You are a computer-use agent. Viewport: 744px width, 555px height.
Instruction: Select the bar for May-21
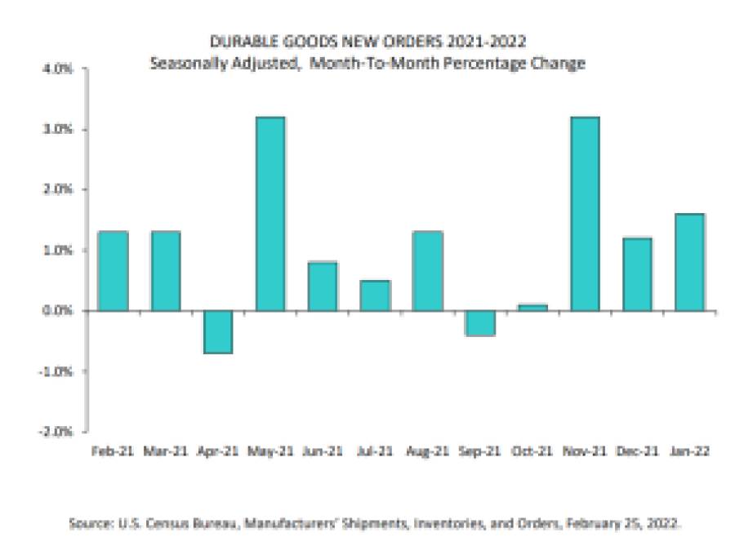point(270,214)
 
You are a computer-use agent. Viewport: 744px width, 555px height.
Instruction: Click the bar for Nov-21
point(584,214)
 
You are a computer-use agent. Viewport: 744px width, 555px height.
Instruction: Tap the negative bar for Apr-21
point(217,332)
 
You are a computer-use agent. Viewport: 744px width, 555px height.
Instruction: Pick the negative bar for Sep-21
point(479,323)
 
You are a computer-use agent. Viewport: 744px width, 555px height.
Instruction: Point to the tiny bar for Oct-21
point(532,307)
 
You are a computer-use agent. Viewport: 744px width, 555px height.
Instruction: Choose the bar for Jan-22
point(688,262)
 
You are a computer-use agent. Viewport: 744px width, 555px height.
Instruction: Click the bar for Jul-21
point(375,295)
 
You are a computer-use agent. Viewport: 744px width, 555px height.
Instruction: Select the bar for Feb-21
point(113,271)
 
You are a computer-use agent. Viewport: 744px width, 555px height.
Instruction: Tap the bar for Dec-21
point(636,274)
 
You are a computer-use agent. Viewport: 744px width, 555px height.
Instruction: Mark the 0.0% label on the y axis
point(61,311)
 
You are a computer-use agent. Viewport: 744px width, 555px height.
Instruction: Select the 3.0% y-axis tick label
point(61,130)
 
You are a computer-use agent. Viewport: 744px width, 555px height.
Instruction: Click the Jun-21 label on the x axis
point(322,450)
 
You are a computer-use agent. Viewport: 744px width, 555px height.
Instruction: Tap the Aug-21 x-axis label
point(427,450)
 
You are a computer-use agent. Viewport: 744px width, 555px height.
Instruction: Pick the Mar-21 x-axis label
point(165,450)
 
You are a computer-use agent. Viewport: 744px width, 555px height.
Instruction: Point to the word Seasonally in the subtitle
point(181,63)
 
